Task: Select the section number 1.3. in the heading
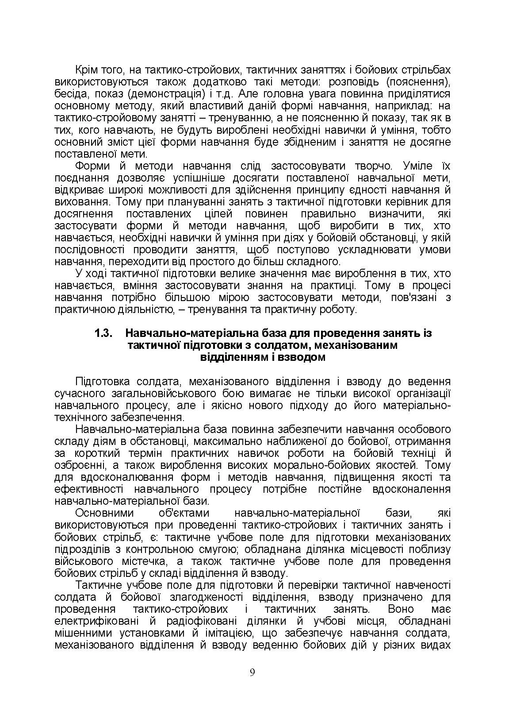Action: [x=104, y=333]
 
